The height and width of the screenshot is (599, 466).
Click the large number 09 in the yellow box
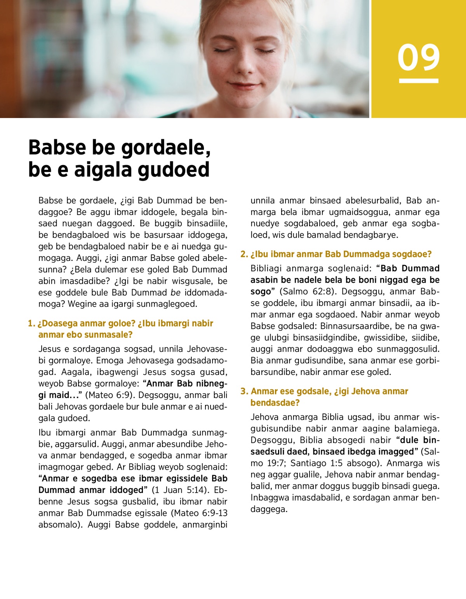(419, 57)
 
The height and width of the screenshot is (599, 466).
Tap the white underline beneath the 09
(419, 81)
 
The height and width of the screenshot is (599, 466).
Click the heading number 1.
(31, 323)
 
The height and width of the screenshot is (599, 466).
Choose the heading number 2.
(243, 254)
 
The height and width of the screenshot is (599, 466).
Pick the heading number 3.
(243, 391)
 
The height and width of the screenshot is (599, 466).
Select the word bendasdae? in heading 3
(275, 403)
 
